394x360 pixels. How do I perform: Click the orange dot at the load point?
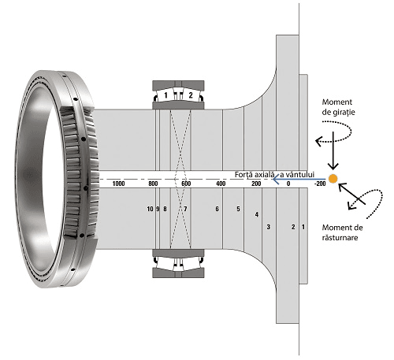coord(333,179)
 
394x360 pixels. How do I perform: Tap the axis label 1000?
coord(118,184)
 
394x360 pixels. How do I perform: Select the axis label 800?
coord(153,184)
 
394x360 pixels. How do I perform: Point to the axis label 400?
coord(221,184)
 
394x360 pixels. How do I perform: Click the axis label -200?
coord(320,184)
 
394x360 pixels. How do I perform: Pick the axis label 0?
coord(288,184)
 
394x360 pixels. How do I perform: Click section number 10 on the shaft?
coord(150,209)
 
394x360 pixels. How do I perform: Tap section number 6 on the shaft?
coord(217,209)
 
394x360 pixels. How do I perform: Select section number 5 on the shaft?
coord(238,209)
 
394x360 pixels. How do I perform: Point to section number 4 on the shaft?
coord(257,214)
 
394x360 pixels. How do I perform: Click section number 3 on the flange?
coord(268,227)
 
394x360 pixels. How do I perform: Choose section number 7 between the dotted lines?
coord(185,209)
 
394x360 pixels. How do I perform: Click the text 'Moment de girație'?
coord(338,107)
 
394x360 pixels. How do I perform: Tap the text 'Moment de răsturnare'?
coord(342,232)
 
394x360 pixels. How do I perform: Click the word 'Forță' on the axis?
coord(243,175)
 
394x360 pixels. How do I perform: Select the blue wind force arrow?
coord(299,180)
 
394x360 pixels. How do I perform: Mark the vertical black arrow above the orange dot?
coord(333,150)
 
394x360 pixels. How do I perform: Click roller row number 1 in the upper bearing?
coord(165,95)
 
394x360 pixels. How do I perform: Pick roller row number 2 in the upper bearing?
coord(191,95)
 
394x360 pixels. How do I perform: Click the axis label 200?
coord(256,184)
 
